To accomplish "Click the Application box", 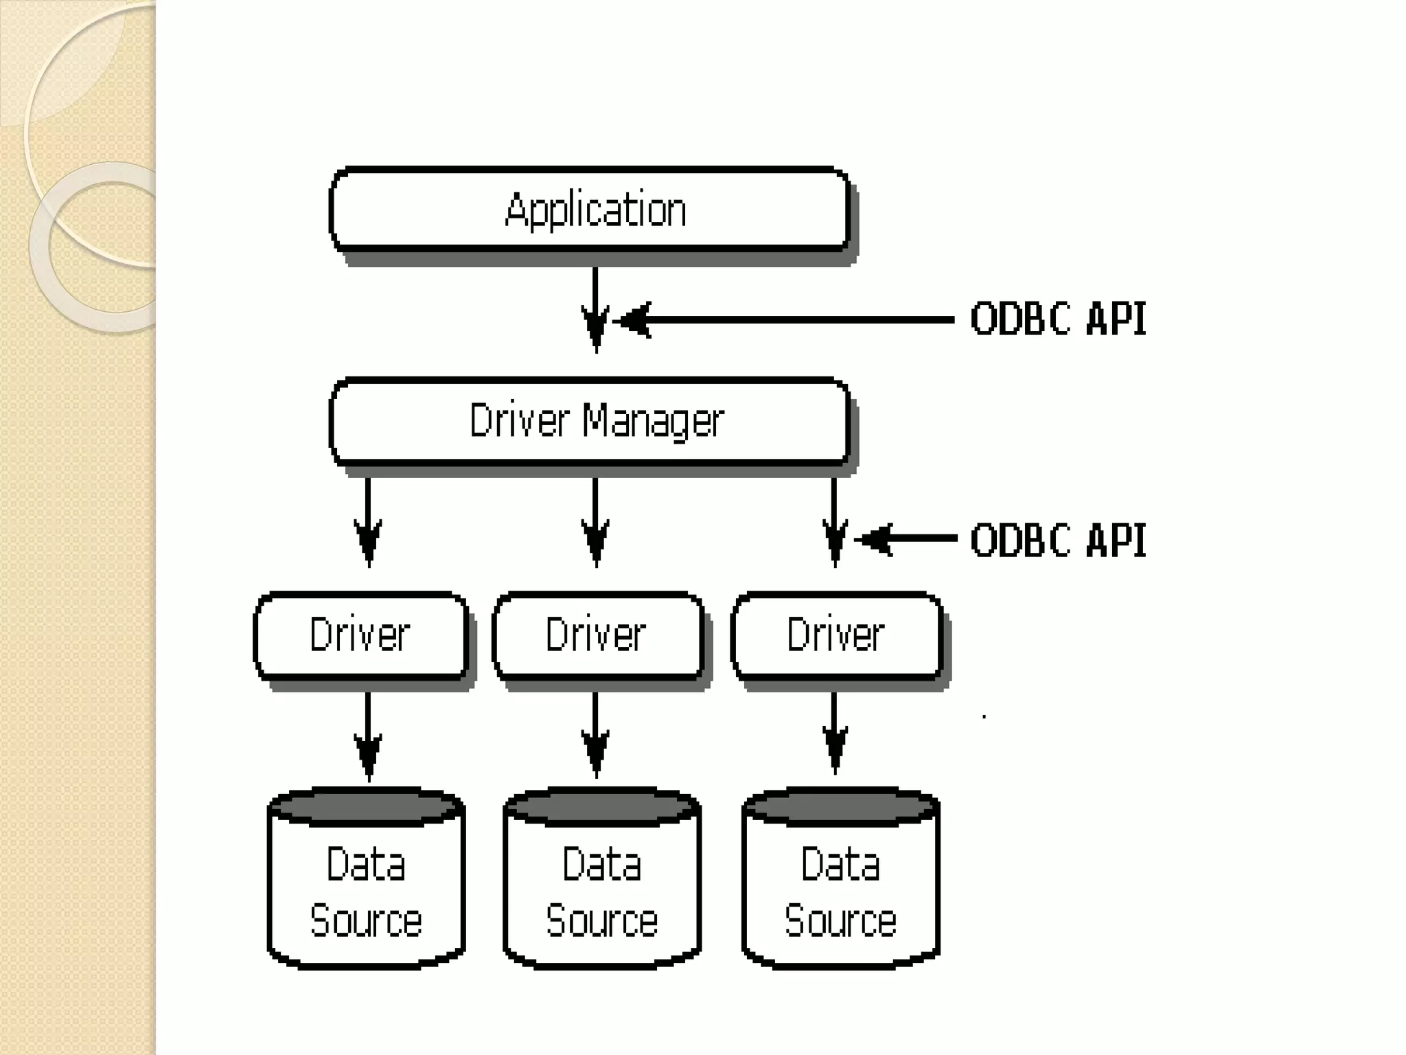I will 590,209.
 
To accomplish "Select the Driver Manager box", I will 590,421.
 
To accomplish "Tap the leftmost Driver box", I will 361,635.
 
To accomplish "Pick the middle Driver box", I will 597,635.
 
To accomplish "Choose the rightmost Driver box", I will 836,635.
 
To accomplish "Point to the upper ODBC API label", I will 1058,319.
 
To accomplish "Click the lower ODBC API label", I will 1058,541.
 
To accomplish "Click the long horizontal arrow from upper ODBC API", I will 790,320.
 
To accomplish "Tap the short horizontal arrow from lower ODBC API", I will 906,540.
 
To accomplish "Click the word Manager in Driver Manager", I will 653,421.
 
